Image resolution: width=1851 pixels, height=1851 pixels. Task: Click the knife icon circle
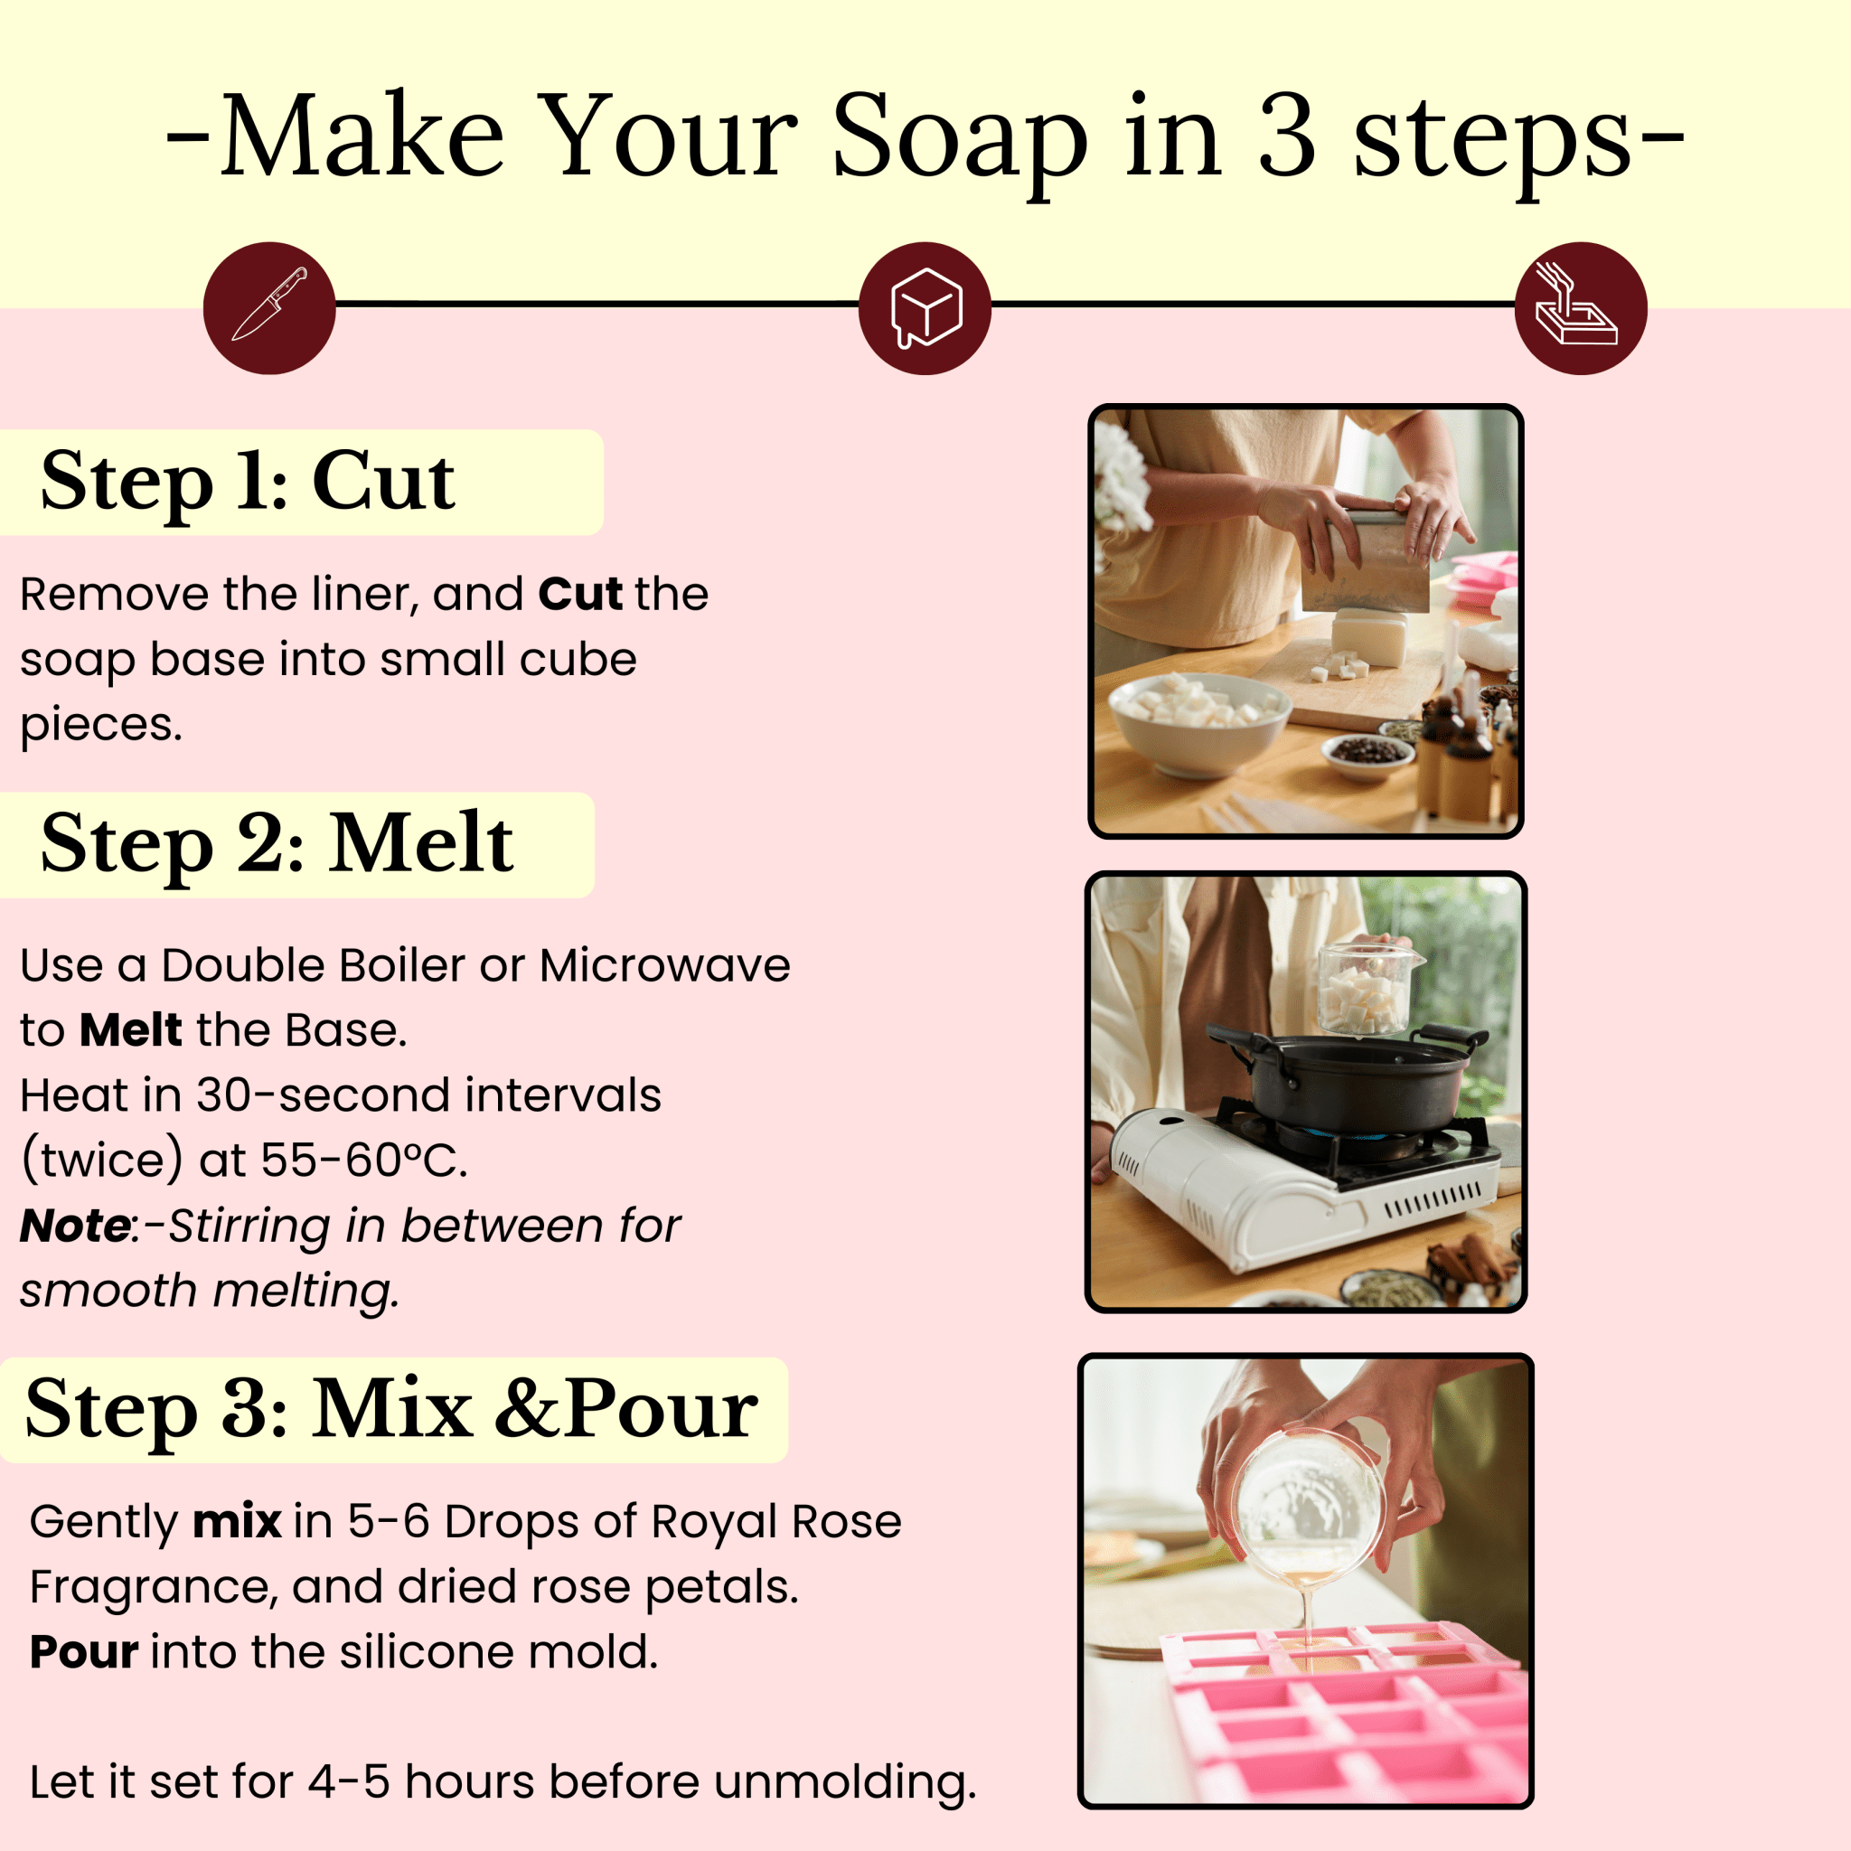(x=269, y=307)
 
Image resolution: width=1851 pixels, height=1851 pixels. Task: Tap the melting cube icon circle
(x=925, y=307)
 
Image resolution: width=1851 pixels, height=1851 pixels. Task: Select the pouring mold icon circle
(x=1581, y=307)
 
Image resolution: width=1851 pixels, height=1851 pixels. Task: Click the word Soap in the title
(x=960, y=139)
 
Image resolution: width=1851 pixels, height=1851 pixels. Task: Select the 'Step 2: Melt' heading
(x=277, y=844)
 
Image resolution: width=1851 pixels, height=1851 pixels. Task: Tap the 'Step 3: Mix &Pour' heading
(x=390, y=1409)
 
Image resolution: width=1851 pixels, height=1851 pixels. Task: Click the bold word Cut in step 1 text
(x=580, y=594)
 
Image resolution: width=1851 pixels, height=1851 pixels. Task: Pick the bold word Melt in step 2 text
(x=130, y=1030)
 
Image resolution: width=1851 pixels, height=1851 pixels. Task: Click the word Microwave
(x=665, y=964)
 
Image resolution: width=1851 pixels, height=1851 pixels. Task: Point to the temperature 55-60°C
(x=364, y=1160)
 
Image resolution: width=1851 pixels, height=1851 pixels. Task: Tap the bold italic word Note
(x=75, y=1226)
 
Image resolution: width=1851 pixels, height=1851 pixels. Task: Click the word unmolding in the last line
(x=845, y=1782)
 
